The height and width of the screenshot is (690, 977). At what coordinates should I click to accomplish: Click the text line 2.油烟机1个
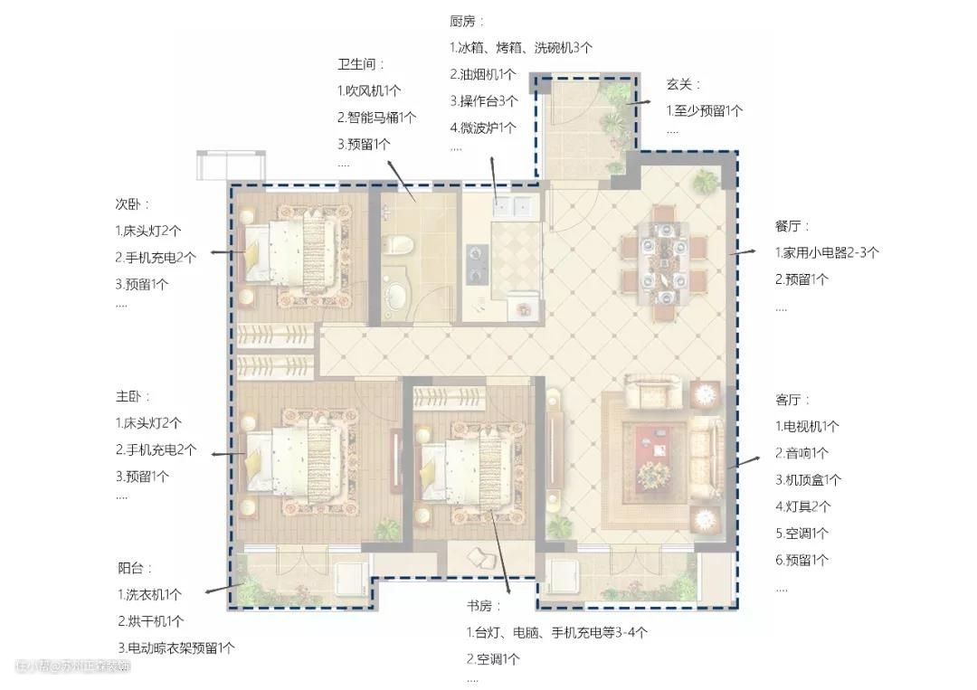pyautogui.click(x=483, y=74)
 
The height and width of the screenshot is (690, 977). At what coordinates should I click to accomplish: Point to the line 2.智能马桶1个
pyautogui.click(x=377, y=117)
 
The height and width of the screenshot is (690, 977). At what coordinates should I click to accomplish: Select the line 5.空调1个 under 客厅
pyautogui.click(x=802, y=533)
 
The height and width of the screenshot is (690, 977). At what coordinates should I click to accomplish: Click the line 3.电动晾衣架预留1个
pyautogui.click(x=176, y=647)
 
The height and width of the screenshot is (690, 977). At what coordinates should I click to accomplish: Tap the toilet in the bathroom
pyautogui.click(x=397, y=243)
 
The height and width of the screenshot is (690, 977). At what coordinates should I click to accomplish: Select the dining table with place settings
pyautogui.click(x=664, y=261)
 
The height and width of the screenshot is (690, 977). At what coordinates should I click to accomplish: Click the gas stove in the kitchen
pyautogui.click(x=478, y=264)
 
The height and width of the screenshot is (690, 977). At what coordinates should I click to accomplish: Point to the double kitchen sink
pyautogui.click(x=512, y=205)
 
